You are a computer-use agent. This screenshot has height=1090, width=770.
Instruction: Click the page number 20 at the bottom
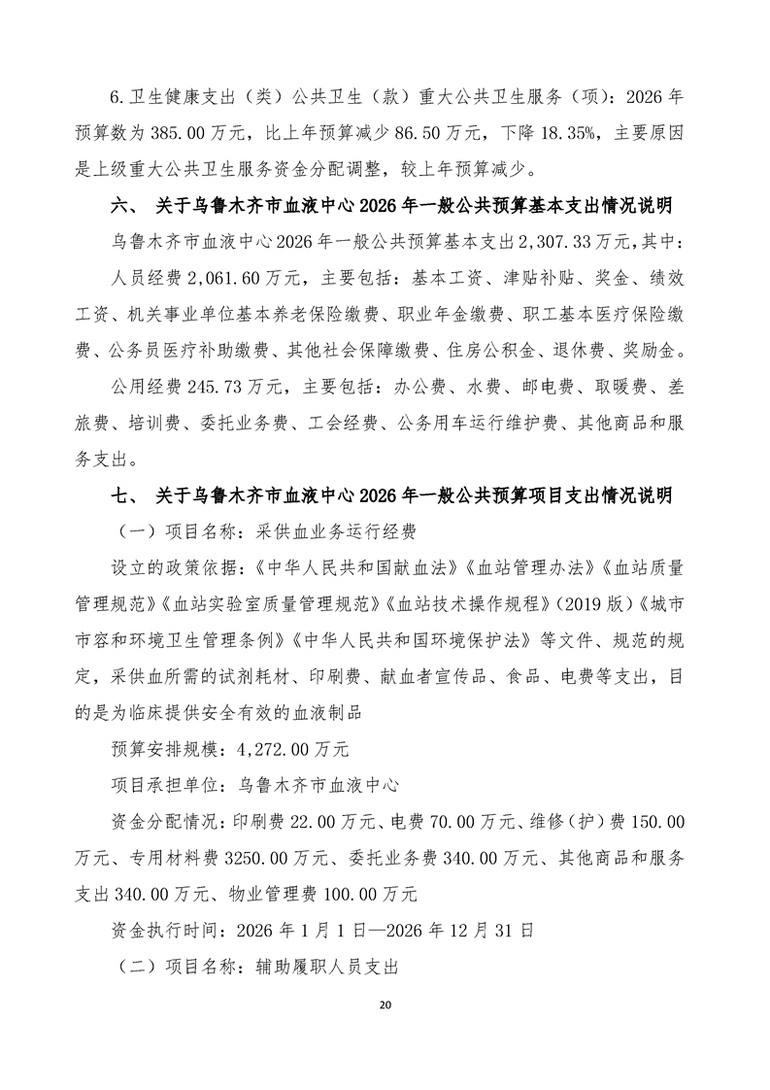[x=385, y=1003]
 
